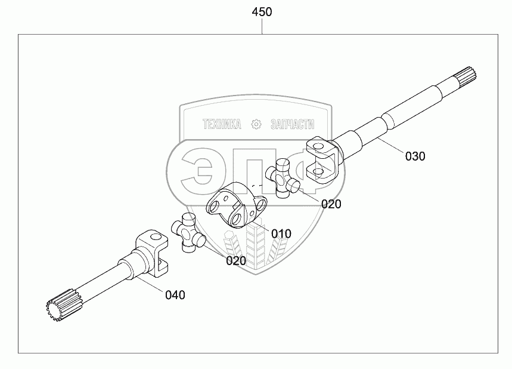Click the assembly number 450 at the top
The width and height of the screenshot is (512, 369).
[x=262, y=12]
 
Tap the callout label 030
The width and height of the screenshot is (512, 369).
[x=415, y=156]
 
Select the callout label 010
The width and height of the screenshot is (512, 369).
[x=281, y=233]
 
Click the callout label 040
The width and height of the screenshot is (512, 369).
[x=175, y=294]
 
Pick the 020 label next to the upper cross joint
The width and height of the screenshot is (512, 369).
[x=331, y=204]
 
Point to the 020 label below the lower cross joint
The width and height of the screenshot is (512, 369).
[x=235, y=260]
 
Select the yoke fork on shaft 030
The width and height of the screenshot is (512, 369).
[x=322, y=160]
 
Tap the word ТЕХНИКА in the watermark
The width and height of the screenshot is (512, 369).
[x=222, y=124]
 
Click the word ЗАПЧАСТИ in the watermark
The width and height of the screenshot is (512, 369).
[x=292, y=124]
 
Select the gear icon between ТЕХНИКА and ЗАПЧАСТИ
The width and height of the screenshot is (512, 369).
[x=257, y=124]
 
